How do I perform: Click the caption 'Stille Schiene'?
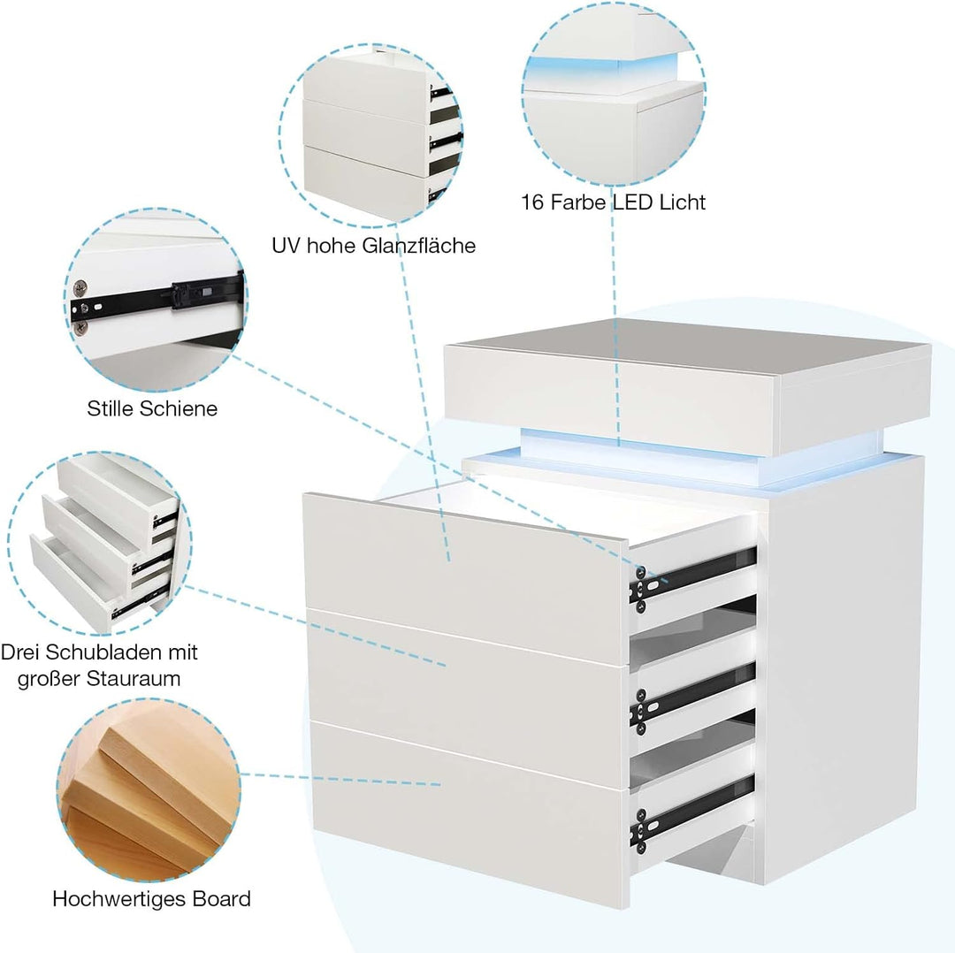pos(152,408)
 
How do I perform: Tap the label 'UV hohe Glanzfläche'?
pos(373,246)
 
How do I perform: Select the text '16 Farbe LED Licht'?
pos(613,202)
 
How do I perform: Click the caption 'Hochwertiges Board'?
pos(152,899)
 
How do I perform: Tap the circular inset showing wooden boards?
pos(149,788)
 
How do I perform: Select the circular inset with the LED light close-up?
pos(614,93)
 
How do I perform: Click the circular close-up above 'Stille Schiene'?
pos(155,300)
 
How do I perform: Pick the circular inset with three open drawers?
pos(99,543)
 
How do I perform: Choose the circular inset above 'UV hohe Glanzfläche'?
pos(371,135)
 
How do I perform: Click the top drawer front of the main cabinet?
pos(466,576)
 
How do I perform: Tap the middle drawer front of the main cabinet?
pos(468,698)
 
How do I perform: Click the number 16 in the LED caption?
pos(532,202)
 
